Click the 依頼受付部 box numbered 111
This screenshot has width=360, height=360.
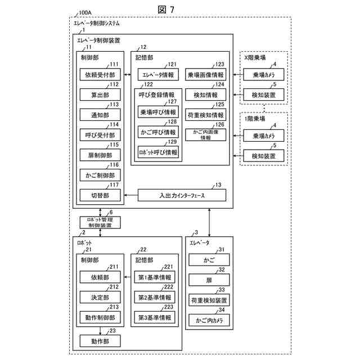click(x=100, y=74)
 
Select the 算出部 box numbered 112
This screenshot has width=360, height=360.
click(x=100, y=94)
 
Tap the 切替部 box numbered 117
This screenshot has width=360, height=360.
click(x=100, y=195)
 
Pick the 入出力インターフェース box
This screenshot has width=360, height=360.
click(x=182, y=195)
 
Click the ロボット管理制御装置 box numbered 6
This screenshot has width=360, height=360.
click(x=100, y=222)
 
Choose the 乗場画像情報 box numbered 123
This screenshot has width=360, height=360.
click(x=205, y=74)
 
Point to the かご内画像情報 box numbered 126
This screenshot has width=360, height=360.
click(x=205, y=134)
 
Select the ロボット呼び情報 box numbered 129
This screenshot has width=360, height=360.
click(x=158, y=152)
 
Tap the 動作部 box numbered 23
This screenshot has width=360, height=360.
click(x=100, y=341)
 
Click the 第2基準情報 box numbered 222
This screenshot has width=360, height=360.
click(x=155, y=297)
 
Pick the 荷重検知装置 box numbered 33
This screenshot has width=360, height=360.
click(x=209, y=300)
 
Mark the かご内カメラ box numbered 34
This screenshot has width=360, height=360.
click(x=209, y=320)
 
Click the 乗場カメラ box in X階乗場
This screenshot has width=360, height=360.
click(x=264, y=74)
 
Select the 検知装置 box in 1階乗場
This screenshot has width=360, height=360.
click(x=264, y=156)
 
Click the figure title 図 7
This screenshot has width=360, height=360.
click(x=166, y=10)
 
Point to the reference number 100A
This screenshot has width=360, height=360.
click(x=85, y=12)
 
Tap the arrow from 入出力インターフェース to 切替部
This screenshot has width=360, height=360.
click(x=131, y=195)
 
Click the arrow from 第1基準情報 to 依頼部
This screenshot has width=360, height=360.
click(x=129, y=277)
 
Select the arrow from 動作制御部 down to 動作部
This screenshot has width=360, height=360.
click(x=100, y=331)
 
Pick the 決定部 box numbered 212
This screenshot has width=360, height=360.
click(x=100, y=297)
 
